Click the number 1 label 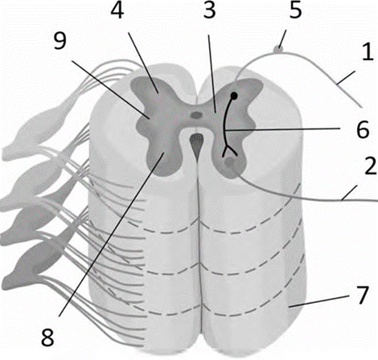(x=367, y=51)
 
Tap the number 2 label (x=370, y=166)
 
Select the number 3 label (x=209, y=10)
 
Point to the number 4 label (x=117, y=10)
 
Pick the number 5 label (x=295, y=10)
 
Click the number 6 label (x=363, y=129)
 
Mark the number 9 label (x=60, y=41)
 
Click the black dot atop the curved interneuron (x=234, y=96)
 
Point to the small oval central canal (x=196, y=116)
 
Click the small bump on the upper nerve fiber (x=278, y=50)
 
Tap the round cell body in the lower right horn (x=229, y=162)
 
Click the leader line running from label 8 (x=112, y=234)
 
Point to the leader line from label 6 (x=282, y=129)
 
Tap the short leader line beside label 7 (x=319, y=301)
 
